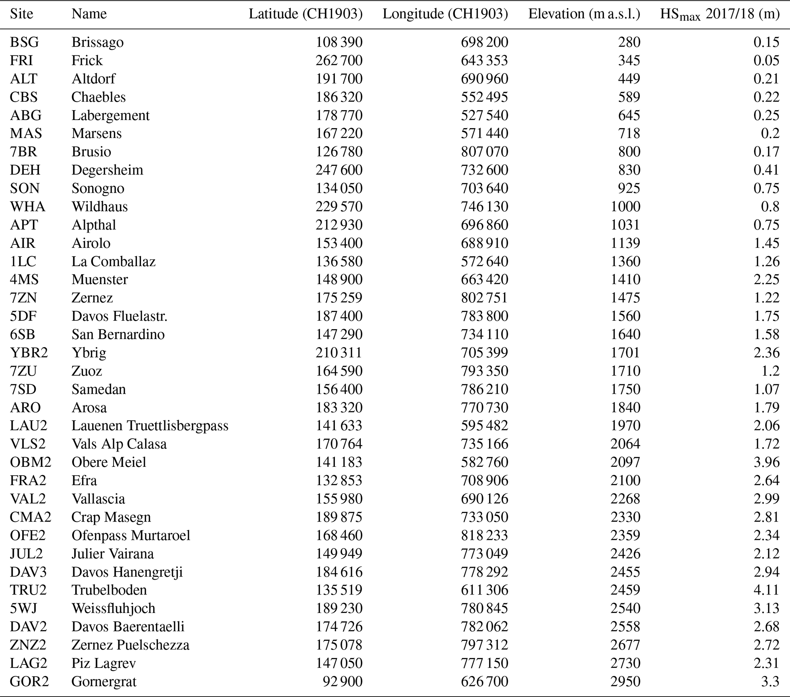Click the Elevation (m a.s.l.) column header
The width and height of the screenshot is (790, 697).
click(584, 14)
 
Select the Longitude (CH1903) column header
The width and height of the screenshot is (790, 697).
click(445, 14)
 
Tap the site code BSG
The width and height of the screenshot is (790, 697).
click(24, 42)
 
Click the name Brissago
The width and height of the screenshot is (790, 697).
click(97, 42)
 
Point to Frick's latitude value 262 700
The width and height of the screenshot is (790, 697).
click(339, 60)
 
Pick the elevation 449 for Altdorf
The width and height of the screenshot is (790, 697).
click(629, 78)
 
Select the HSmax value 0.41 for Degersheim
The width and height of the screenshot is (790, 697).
click(766, 170)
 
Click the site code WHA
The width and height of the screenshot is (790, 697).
click(28, 206)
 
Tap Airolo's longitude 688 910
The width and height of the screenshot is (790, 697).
click(484, 243)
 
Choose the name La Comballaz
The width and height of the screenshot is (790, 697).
click(113, 261)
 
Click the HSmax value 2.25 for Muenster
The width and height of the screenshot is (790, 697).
click(766, 279)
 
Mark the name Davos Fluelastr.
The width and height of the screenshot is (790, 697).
click(119, 316)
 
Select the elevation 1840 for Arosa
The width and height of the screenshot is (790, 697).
click(625, 408)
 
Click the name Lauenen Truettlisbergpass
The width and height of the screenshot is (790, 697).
click(150, 426)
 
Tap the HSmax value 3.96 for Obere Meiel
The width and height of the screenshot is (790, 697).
click(766, 462)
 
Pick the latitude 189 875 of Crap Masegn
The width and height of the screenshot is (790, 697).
click(339, 517)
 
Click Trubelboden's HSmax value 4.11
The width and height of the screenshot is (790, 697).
click(766, 590)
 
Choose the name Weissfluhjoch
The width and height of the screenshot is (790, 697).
click(113, 608)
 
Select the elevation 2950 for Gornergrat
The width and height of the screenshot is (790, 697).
click(625, 681)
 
